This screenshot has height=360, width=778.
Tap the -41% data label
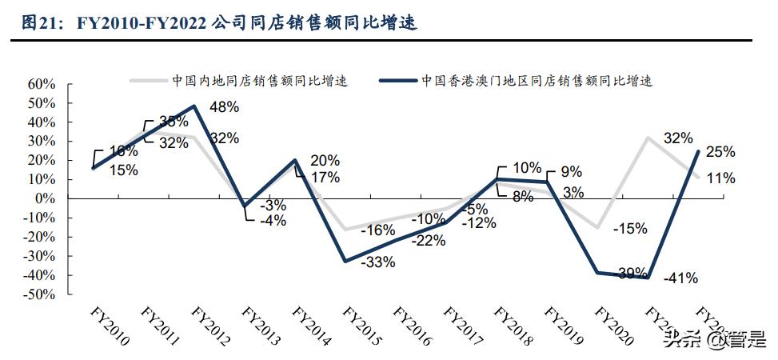pyautogui.click(x=681, y=278)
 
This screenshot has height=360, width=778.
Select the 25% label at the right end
pyautogui.click(x=720, y=151)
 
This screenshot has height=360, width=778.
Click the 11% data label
pyautogui.click(x=720, y=178)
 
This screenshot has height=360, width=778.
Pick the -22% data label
pyautogui.click(x=429, y=240)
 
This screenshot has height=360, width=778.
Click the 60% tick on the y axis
pyautogui.click(x=41, y=84)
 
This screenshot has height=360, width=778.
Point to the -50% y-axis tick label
pyautogui.click(x=39, y=294)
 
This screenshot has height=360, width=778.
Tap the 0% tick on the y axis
pyautogui.click(x=45, y=198)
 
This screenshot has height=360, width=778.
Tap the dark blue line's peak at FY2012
pyautogui.click(x=194, y=106)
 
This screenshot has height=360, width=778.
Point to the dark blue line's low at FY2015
pyautogui.click(x=345, y=261)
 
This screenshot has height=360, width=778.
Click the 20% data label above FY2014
pyautogui.click(x=325, y=160)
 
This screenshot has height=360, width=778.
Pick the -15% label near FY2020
pyautogui.click(x=631, y=229)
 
